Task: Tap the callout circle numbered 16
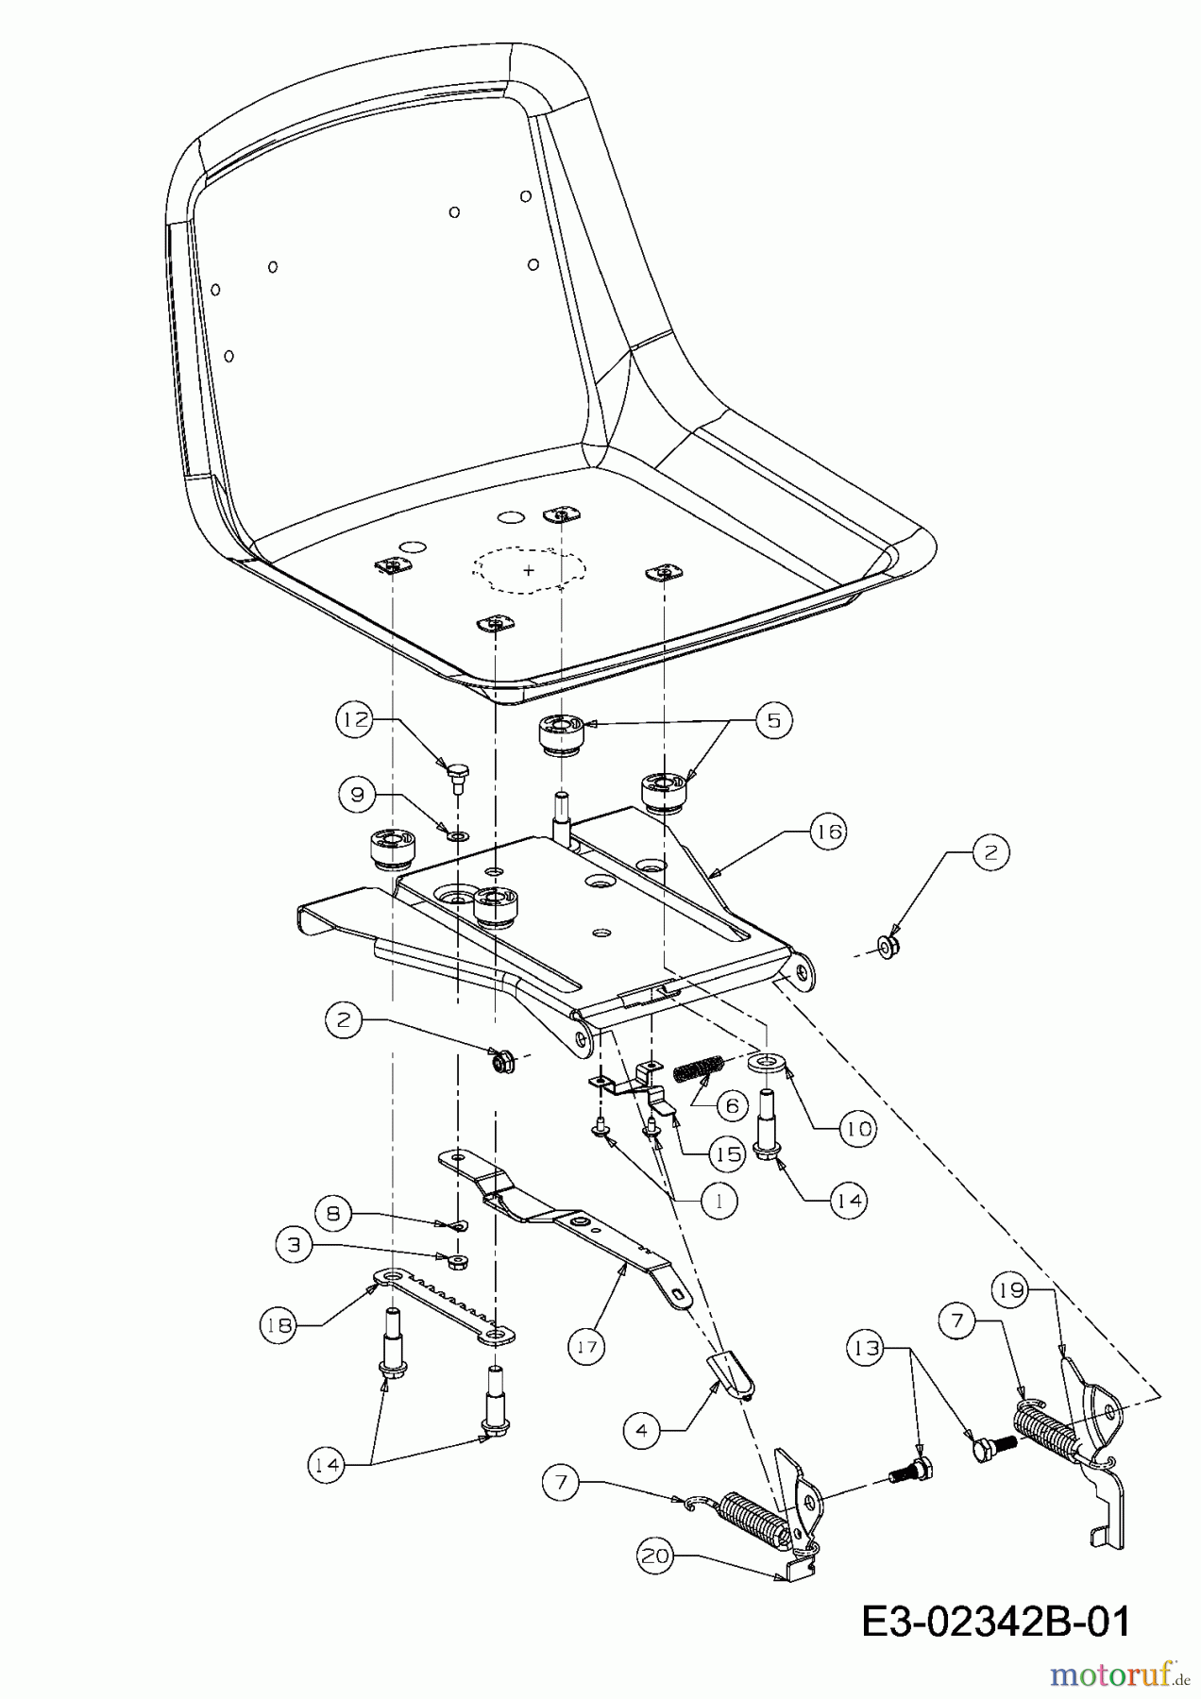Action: pos(827,832)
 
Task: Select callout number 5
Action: pos(773,720)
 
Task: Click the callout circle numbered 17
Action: pos(587,1346)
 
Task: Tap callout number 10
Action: pos(857,1128)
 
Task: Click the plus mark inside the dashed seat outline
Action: pos(529,570)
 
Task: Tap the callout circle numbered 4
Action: pos(642,1431)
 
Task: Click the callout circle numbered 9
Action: pos(357,794)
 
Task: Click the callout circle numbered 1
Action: pos(719,1201)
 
